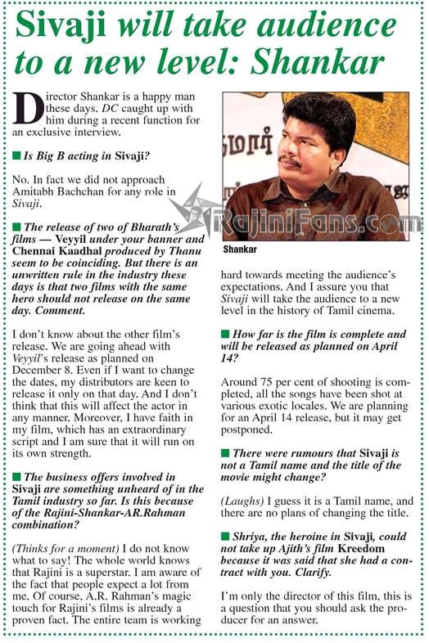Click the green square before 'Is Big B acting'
click(x=17, y=154)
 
